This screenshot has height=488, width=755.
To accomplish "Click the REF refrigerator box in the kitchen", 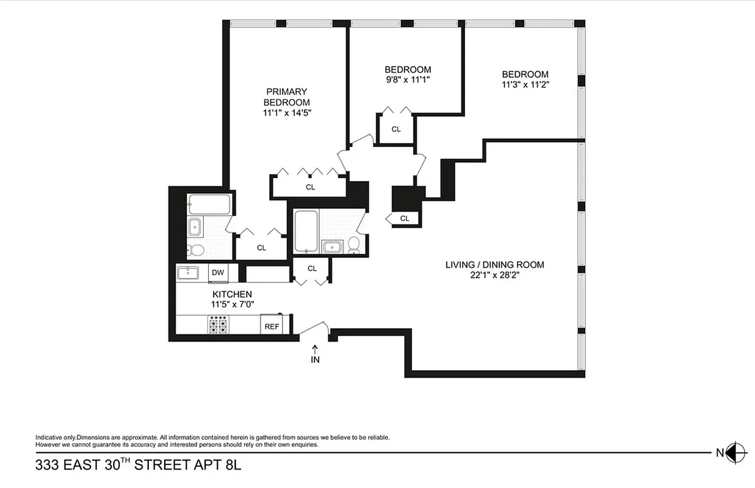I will tap(272, 326).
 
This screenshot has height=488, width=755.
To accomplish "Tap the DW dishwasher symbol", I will tap(218, 273).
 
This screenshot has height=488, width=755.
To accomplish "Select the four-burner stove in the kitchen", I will tap(219, 325).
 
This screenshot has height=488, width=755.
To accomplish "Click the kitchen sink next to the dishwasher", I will tap(188, 273).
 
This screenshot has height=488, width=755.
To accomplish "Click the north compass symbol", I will tap(737, 452).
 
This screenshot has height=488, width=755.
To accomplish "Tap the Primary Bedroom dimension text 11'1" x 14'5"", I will tap(287, 113).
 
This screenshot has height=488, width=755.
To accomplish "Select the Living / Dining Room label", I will tap(494, 265).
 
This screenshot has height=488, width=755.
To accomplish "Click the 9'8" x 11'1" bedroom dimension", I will tap(408, 79).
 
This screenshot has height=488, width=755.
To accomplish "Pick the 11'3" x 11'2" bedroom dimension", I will tap(526, 85).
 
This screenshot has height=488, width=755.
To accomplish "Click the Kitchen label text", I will tap(232, 295).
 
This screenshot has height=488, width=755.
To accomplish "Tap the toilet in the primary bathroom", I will tap(196, 250).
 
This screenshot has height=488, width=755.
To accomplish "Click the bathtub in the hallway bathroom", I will tap(305, 231).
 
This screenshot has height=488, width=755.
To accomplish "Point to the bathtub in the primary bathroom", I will tap(209, 204).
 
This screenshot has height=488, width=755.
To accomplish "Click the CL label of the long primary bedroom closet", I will tap(310, 187).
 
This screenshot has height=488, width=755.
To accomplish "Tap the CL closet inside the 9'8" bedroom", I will tap(396, 129).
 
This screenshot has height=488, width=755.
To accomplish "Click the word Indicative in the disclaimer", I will tap(48, 437).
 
